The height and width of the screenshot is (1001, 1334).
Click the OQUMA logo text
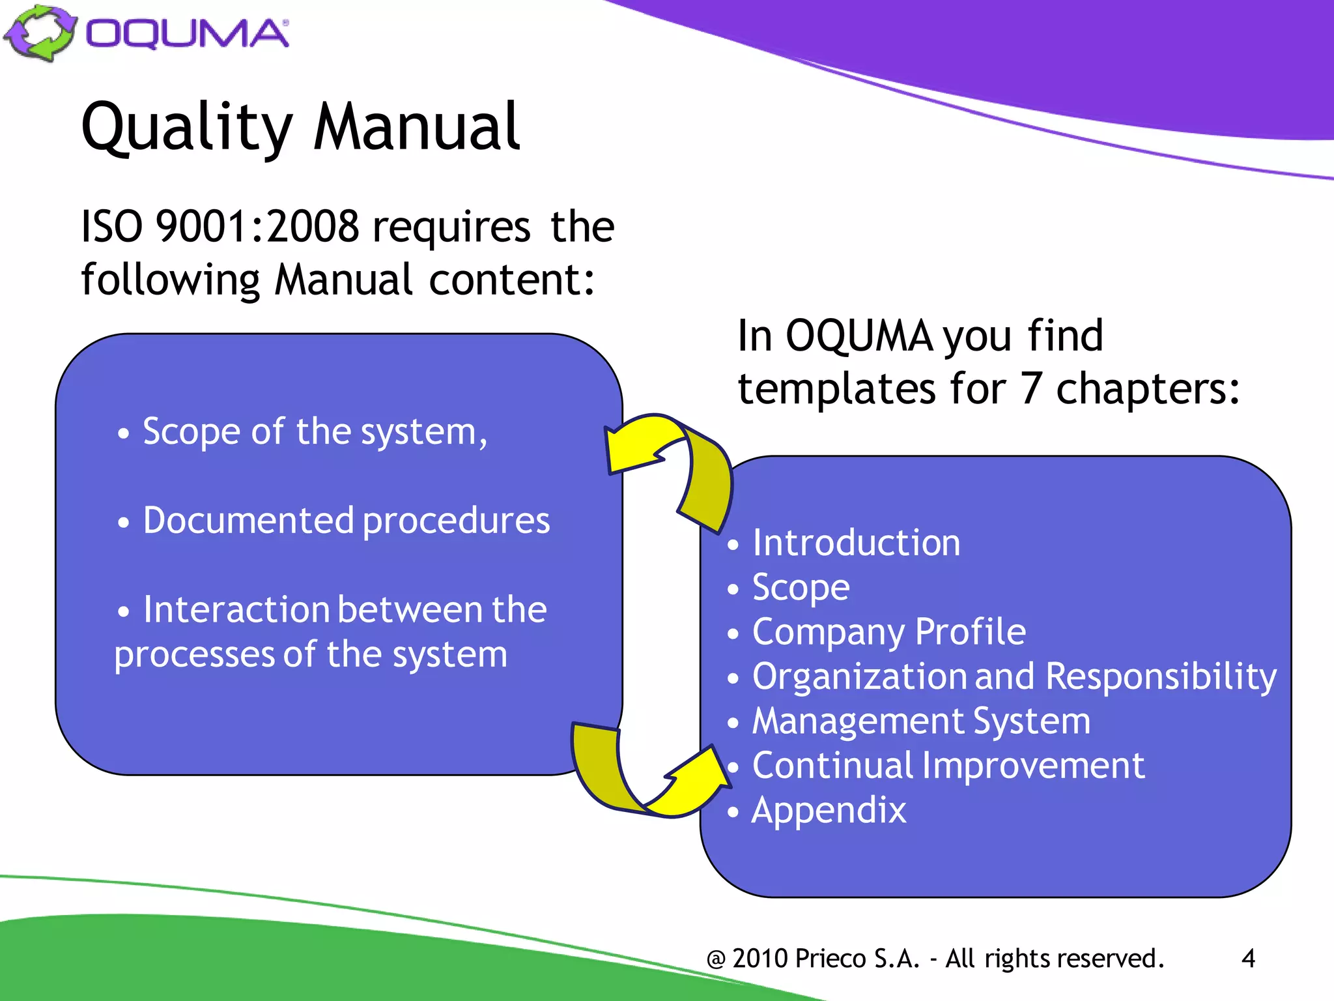pyautogui.click(x=188, y=34)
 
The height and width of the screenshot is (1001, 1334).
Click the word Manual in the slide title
pyautogui.click(x=417, y=127)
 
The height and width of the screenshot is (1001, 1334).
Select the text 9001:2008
pyautogui.click(x=257, y=227)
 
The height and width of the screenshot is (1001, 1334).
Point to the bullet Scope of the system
pyautogui.click(x=315, y=431)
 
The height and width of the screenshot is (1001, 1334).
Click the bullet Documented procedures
pyautogui.click(x=346, y=521)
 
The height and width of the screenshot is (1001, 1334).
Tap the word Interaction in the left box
pyautogui.click(x=236, y=610)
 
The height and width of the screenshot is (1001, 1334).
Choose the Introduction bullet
pyautogui.click(x=856, y=543)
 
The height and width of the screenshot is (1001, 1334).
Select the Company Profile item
pyautogui.click(x=888, y=632)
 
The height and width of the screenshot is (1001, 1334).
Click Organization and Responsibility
pyautogui.click(x=1014, y=676)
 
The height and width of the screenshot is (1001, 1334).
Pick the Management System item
pyautogui.click(x=921, y=721)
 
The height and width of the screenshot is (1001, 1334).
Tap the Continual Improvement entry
pyautogui.click(x=948, y=766)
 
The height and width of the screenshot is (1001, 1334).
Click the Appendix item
pyautogui.click(x=829, y=810)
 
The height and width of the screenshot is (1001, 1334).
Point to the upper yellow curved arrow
pyautogui.click(x=677, y=466)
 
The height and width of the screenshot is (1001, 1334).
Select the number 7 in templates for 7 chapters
pyautogui.click(x=1030, y=389)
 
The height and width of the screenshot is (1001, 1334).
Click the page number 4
pyautogui.click(x=1248, y=959)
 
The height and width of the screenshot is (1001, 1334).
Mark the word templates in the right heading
pyautogui.click(x=837, y=389)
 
